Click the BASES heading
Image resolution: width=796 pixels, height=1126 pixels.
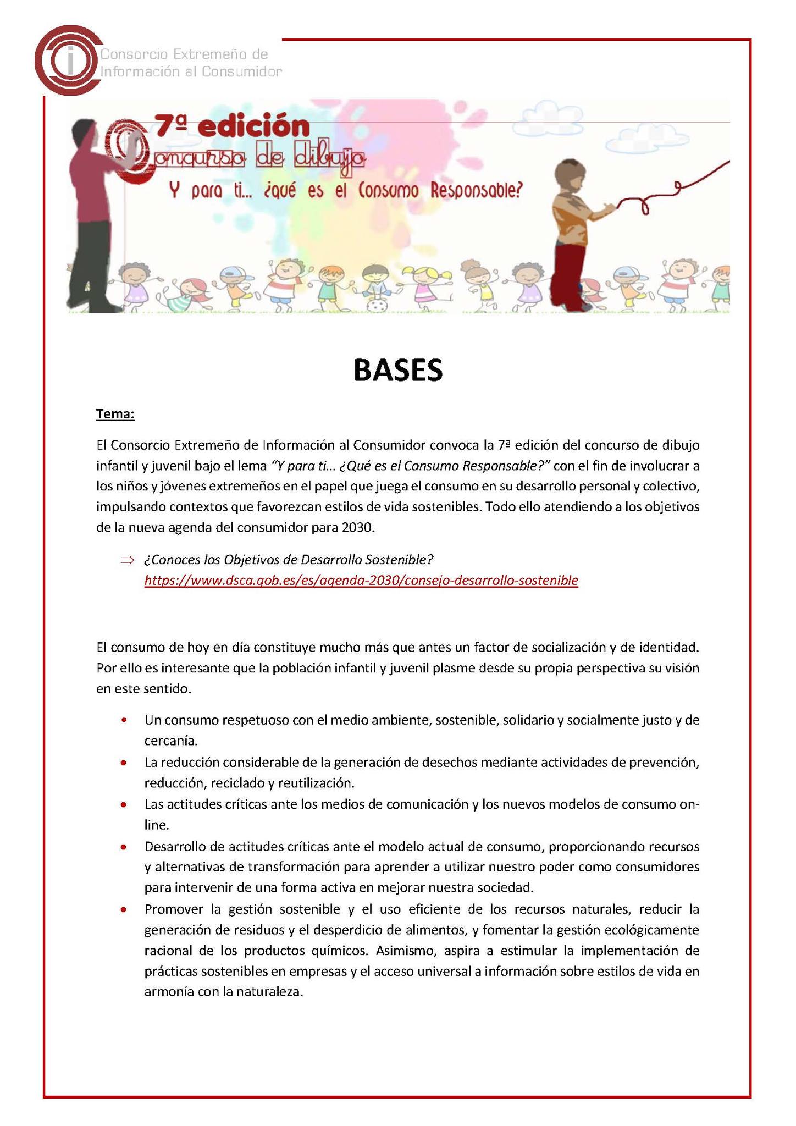[397, 370]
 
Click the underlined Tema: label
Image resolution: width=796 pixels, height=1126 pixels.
[115, 413]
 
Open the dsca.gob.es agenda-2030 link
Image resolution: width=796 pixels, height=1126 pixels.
[361, 581]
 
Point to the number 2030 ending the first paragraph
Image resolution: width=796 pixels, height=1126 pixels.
[357, 528]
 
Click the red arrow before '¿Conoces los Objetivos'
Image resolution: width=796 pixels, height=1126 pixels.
[127, 560]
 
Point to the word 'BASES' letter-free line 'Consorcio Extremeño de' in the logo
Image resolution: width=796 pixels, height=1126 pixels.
[185, 54]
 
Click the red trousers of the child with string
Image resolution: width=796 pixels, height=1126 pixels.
[566, 275]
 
